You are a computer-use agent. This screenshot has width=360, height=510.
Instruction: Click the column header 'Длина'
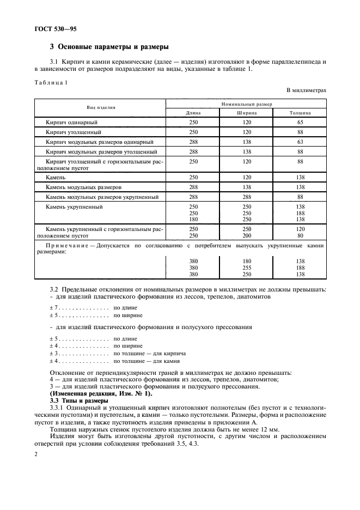coord(193,113)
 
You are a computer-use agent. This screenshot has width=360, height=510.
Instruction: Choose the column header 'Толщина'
coord(300,113)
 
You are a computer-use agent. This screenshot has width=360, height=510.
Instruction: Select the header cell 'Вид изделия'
coord(100,108)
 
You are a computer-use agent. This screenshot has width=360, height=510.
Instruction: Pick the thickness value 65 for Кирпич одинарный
coord(300,123)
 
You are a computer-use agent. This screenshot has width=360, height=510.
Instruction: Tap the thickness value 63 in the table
coord(300,142)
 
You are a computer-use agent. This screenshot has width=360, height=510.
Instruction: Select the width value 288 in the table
coord(246,197)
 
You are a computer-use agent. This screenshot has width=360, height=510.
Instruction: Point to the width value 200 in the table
coord(246,236)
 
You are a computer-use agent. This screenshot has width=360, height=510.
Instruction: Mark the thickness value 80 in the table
coord(300,236)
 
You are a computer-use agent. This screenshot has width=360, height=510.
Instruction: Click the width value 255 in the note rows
coord(246,268)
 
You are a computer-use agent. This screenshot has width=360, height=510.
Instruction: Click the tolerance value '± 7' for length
coord(54,308)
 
